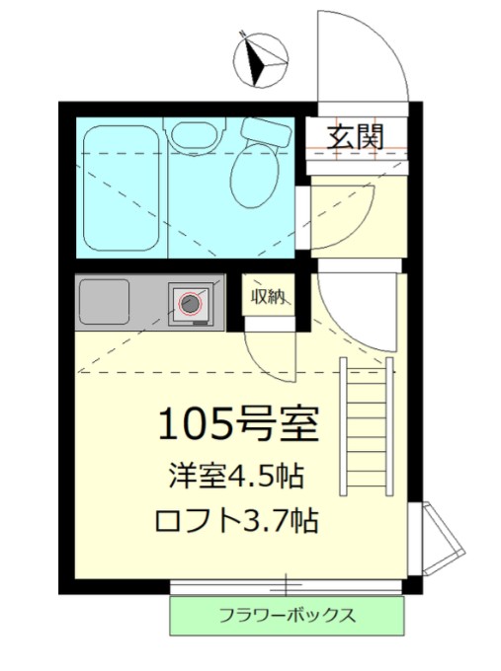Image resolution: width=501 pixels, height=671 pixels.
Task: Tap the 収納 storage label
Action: click(x=269, y=295)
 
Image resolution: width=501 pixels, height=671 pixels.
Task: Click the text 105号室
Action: click(x=237, y=425)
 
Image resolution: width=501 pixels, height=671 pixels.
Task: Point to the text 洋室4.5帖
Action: click(x=233, y=476)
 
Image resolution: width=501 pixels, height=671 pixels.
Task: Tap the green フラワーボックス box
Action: click(x=286, y=616)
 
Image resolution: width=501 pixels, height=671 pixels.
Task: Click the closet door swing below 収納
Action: click(x=265, y=350)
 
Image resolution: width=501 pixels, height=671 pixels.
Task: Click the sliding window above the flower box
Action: click(x=286, y=586)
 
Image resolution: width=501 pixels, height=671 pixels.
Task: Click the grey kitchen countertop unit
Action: click(x=148, y=302)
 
